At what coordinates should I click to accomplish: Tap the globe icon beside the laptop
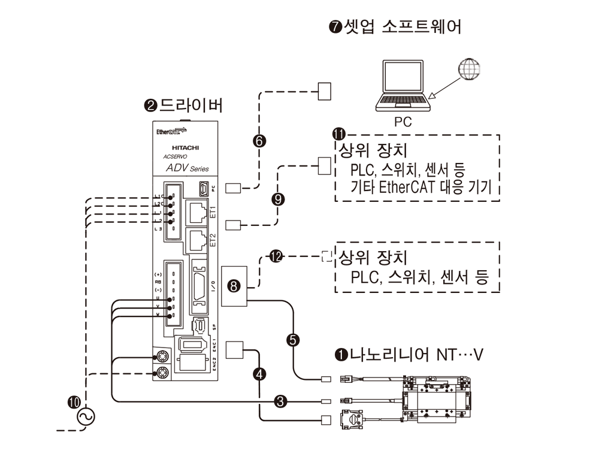pos(469,70)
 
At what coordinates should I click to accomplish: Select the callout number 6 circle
pos(259,141)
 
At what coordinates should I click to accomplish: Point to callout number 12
pos(276,256)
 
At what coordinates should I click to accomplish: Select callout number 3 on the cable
pos(279,400)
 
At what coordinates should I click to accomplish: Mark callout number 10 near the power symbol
pos(76,403)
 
